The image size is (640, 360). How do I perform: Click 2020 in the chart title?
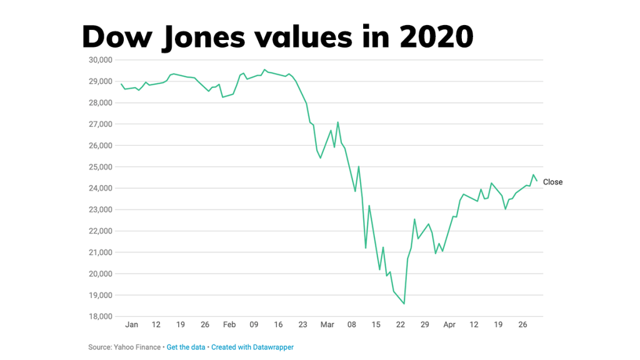pos(436,37)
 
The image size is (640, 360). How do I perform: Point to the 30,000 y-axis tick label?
pos(96,60)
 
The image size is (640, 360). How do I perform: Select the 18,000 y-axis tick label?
pos(96,317)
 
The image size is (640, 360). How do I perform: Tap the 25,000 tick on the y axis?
pos(96,167)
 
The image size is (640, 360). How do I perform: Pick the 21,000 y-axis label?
pos(96,252)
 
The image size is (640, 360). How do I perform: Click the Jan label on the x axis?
pos(131,325)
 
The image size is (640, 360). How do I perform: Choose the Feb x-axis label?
pos(229,325)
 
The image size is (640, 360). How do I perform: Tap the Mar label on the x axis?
pos(327,325)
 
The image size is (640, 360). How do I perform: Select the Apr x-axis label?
pos(449,325)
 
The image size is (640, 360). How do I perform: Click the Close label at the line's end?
pos(552,182)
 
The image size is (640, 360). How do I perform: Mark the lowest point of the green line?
pos(404,304)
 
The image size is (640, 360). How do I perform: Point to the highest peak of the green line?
pos(264,69)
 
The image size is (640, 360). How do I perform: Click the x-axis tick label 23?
pos(302,325)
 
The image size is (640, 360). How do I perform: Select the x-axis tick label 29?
pos(425,325)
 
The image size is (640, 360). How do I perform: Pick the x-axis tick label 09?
pos(254,325)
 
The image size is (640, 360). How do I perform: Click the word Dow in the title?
pos(114,37)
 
